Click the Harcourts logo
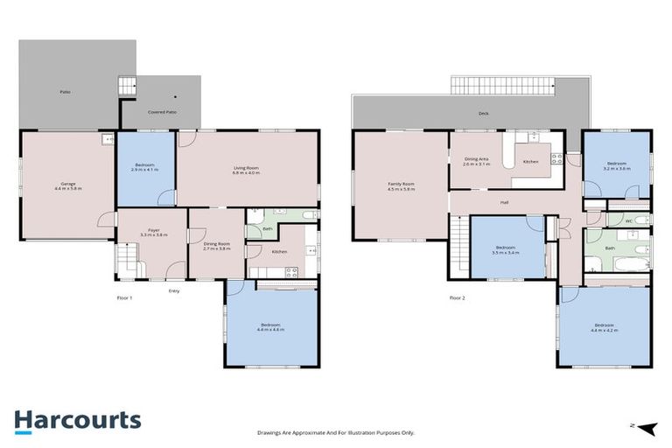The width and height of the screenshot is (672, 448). click(x=77, y=420)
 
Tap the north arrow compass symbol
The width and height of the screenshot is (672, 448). click(x=645, y=427)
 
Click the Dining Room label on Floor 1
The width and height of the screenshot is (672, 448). click(x=216, y=247)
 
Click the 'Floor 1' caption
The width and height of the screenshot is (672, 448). click(x=125, y=297)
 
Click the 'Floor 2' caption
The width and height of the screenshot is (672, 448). click(x=457, y=297)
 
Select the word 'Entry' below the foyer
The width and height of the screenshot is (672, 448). click(x=174, y=290)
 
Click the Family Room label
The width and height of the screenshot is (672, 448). click(x=402, y=185)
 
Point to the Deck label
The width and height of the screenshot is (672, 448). click(x=482, y=114)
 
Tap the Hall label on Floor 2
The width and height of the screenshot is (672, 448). click(x=504, y=202)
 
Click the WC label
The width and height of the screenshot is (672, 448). click(x=628, y=220)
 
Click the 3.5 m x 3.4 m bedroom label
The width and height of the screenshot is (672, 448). click(x=507, y=250)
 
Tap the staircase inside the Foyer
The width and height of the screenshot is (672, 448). click(x=126, y=260)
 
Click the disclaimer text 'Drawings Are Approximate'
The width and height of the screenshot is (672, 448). click(x=335, y=432)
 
